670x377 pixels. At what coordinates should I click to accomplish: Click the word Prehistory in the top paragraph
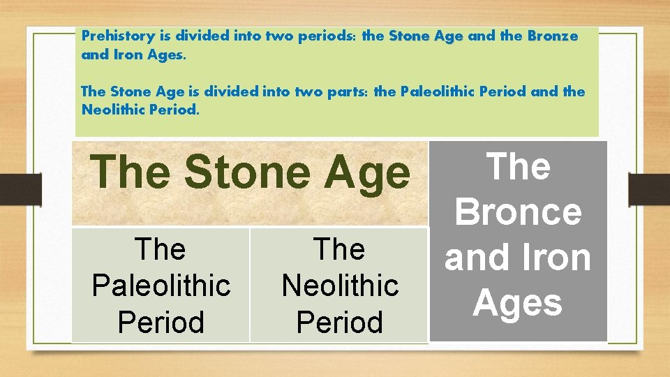(x=111, y=36)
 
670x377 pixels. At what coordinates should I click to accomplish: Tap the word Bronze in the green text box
(x=553, y=36)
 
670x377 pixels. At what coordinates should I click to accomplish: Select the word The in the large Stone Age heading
(x=131, y=172)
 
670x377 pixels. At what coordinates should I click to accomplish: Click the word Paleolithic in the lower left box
(x=161, y=285)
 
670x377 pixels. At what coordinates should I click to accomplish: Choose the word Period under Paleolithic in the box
(x=161, y=322)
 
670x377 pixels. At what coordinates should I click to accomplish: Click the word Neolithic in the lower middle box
(x=339, y=285)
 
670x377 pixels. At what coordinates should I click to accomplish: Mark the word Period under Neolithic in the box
(x=339, y=322)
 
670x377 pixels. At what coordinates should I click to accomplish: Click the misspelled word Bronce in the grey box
(x=518, y=212)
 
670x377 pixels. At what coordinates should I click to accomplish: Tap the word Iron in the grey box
(x=555, y=258)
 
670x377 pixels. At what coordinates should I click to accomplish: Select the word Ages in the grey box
(x=518, y=303)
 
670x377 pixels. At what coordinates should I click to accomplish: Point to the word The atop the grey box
(x=518, y=168)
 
